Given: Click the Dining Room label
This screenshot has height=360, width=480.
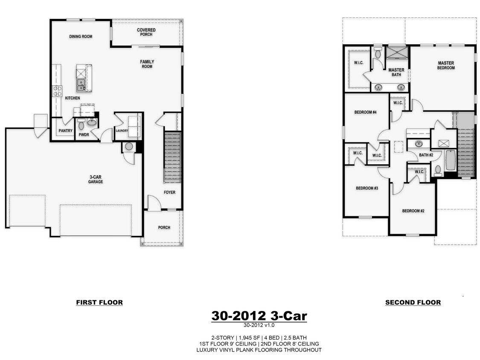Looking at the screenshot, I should click(81, 37).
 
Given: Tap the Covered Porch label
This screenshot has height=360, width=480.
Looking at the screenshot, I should click(146, 32).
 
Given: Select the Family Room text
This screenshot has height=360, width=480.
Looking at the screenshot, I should click(147, 64).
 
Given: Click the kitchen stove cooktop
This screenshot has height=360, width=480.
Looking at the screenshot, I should click(57, 91).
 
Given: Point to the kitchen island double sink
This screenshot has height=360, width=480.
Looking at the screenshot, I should click(81, 85).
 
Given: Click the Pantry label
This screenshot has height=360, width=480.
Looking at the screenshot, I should click(65, 131).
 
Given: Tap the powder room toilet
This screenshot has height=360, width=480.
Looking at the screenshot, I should click(81, 125).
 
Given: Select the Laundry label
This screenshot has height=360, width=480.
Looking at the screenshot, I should click(122, 131).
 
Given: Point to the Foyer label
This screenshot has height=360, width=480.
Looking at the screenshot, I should click(169, 192).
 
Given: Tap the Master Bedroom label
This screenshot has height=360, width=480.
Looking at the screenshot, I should click(446, 65).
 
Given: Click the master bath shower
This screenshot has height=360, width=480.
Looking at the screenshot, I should click(397, 52).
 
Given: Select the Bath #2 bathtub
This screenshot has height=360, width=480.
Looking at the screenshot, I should click(450, 160).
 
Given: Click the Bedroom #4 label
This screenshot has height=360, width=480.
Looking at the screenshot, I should click(365, 113).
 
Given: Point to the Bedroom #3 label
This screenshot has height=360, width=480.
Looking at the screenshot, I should click(367, 188).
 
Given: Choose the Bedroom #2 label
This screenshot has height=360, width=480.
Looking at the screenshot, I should click(413, 211).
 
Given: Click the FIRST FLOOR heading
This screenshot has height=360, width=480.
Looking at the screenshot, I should click(99, 302).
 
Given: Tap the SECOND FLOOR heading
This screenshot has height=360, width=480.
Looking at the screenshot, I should click(413, 302).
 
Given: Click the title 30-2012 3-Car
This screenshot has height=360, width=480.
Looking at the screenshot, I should click(259, 316).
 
